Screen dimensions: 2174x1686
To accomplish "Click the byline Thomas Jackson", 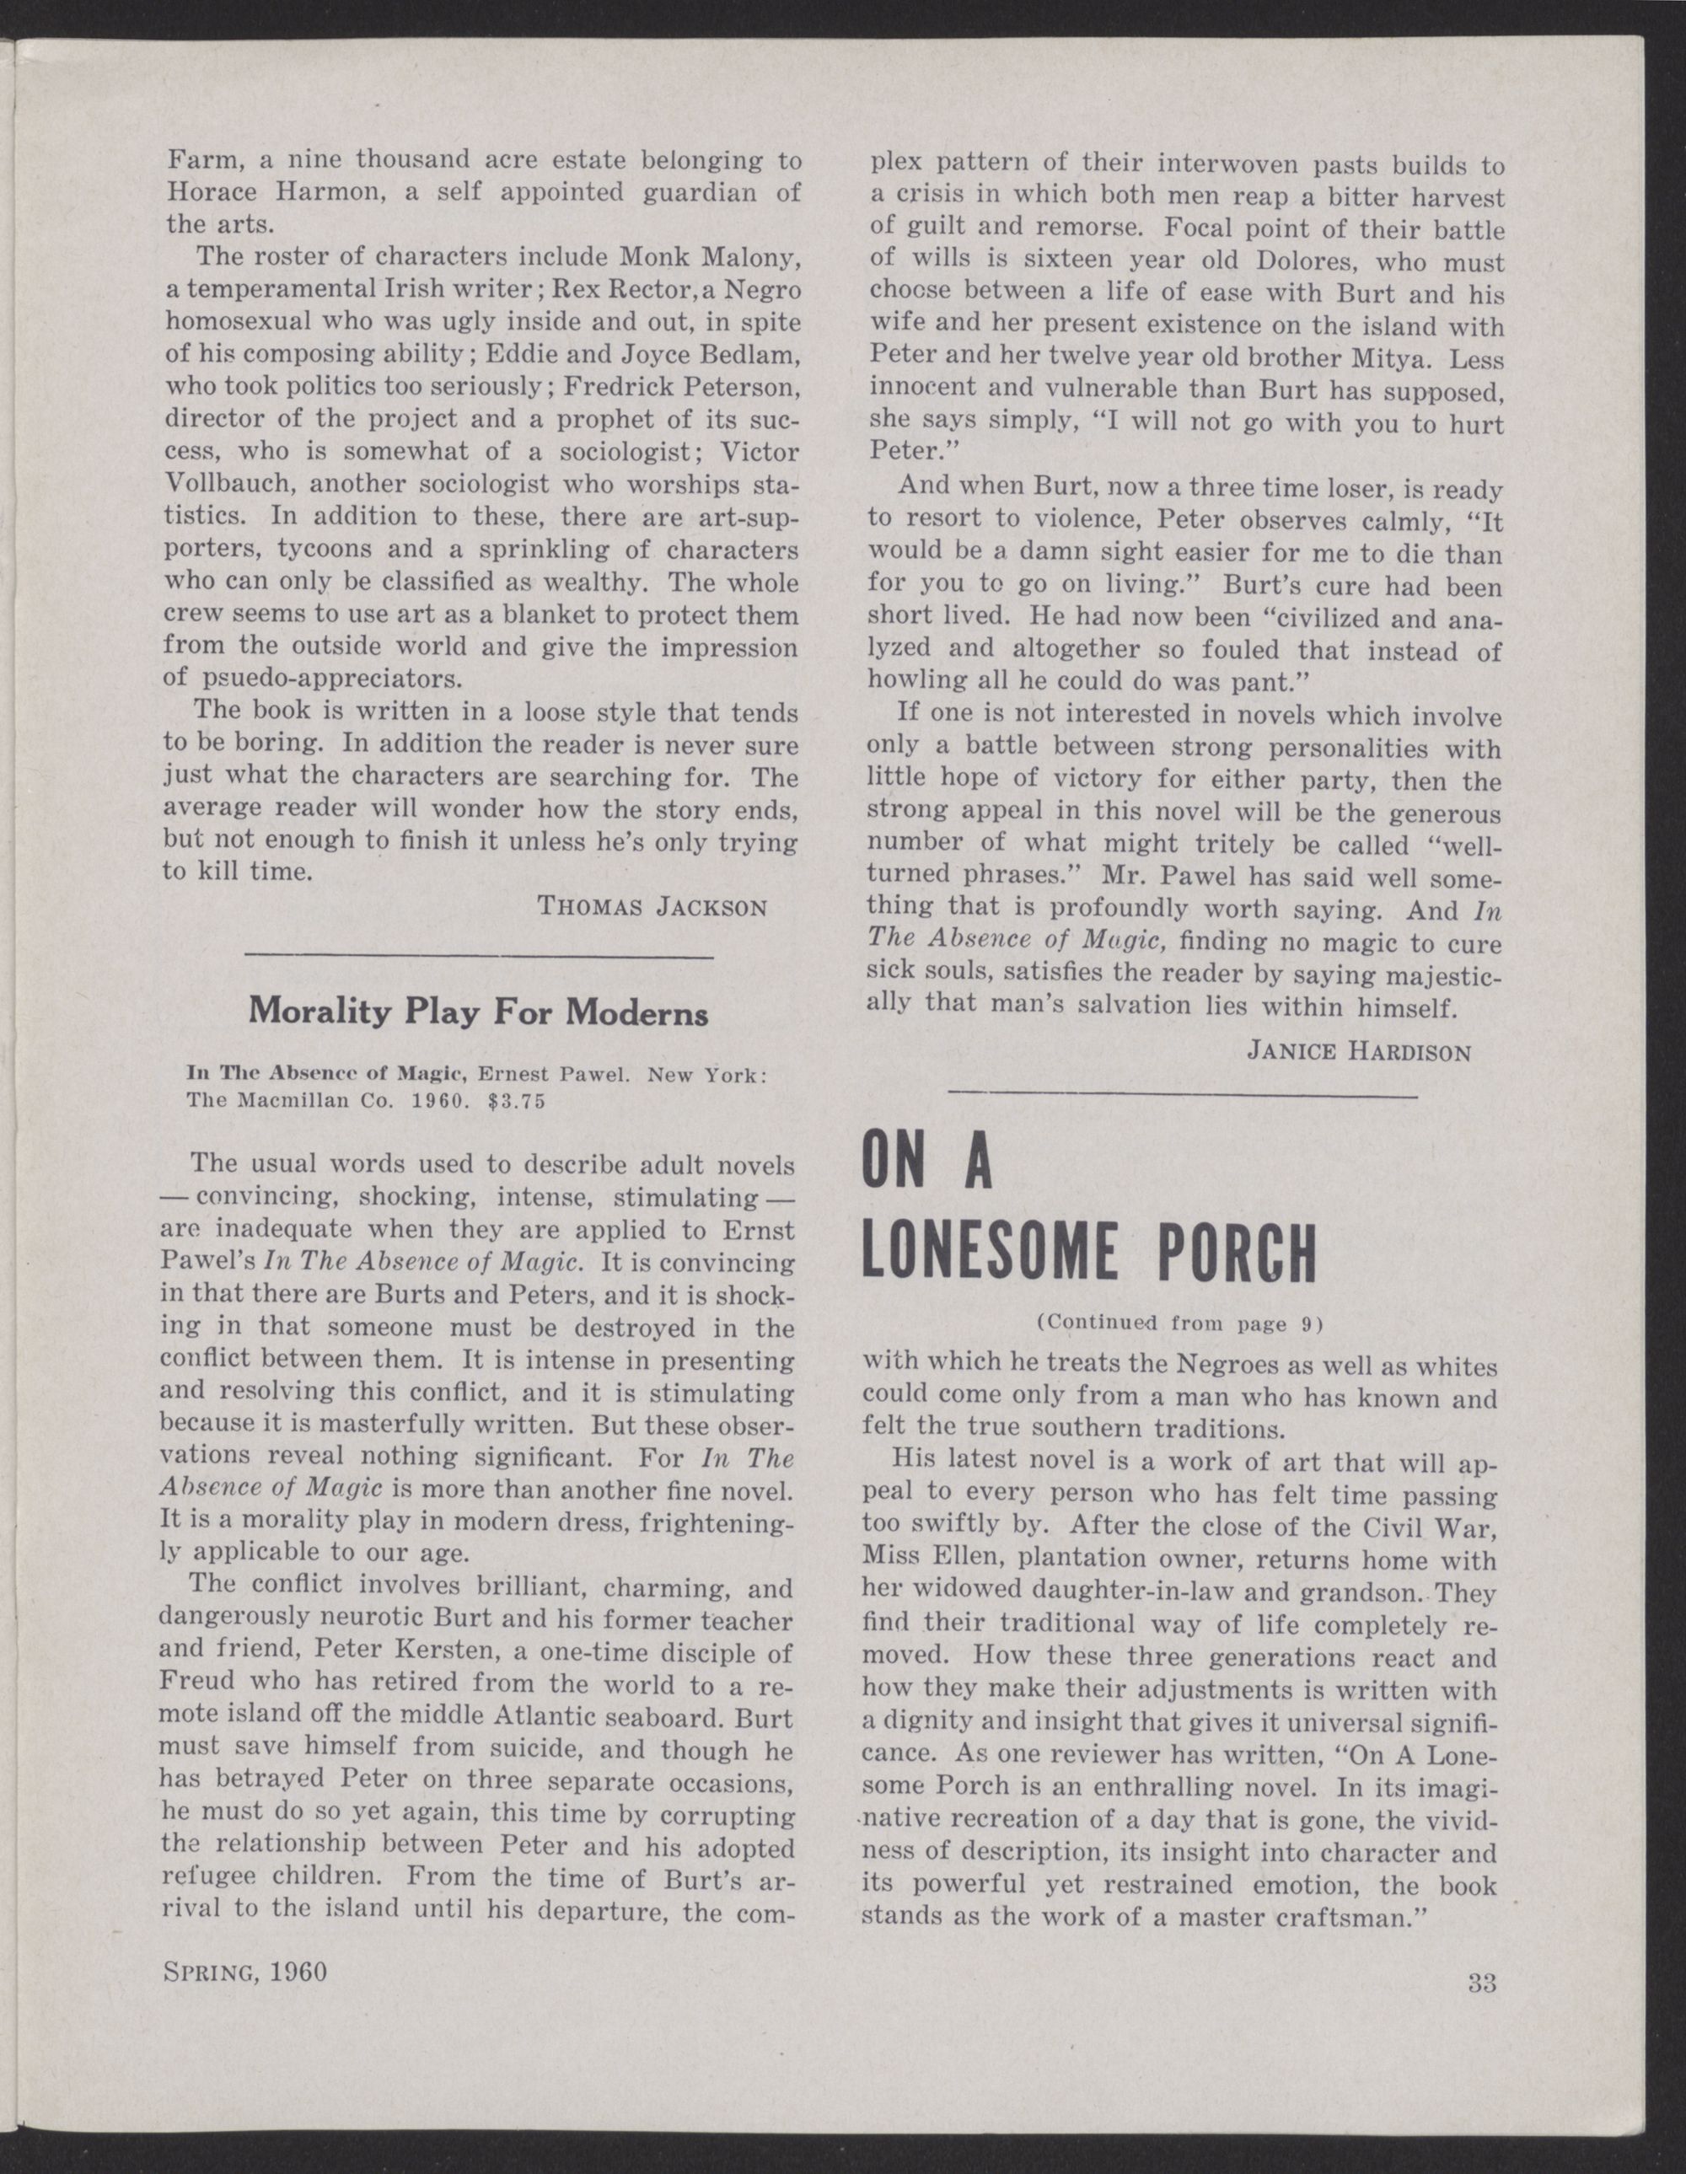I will click(x=652, y=907).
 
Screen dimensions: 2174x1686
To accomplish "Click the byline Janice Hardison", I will click(x=1357, y=1052).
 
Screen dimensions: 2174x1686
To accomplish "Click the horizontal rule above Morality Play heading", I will click(x=479, y=957).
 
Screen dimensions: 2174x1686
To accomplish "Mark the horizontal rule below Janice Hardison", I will click(x=1183, y=1096).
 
